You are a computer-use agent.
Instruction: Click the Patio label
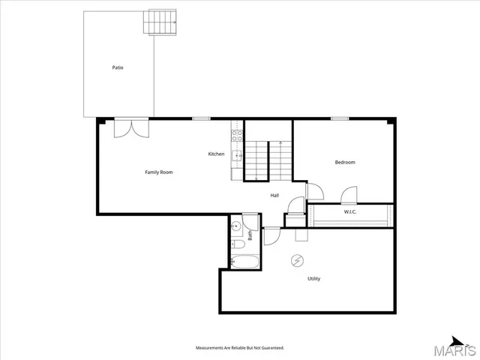click(x=118, y=67)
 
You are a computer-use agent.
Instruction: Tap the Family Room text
click(x=159, y=172)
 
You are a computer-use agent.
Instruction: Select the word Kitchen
click(x=216, y=154)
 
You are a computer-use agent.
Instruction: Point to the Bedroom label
click(x=345, y=163)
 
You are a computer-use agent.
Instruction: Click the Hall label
click(x=275, y=196)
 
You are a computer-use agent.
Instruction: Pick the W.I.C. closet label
click(x=350, y=212)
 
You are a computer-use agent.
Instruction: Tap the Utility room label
click(x=313, y=279)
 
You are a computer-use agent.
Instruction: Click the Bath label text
click(x=250, y=235)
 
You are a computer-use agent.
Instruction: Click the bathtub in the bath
click(x=245, y=262)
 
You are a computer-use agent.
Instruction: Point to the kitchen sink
click(x=235, y=155)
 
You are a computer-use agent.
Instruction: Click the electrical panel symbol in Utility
click(x=298, y=260)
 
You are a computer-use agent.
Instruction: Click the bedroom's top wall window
click(x=340, y=118)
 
